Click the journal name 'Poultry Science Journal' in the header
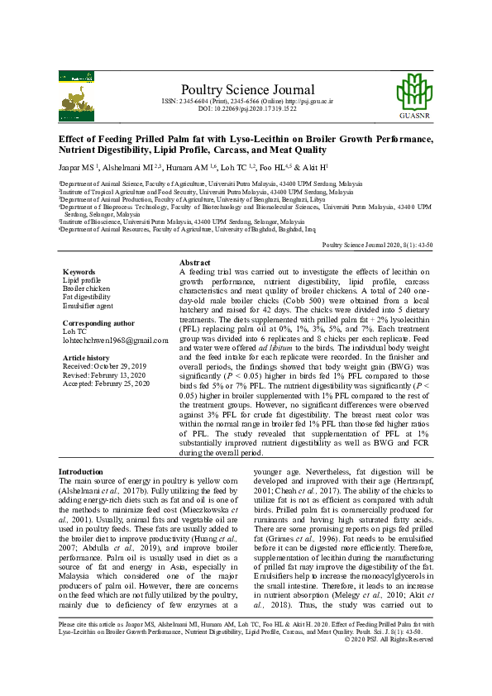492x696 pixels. point(246,89)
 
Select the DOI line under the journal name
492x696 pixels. point(246,108)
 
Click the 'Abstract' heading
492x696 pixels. point(195,261)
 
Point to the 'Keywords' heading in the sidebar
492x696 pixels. point(80,271)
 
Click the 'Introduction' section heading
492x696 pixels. point(81,470)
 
